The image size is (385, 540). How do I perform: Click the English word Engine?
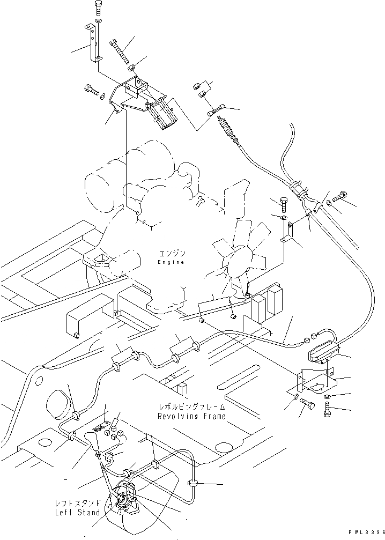[x=171, y=262]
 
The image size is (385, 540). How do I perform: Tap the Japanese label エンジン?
[x=172, y=254]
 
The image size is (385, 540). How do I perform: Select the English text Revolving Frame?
[x=192, y=416]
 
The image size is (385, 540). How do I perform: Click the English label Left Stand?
[x=77, y=512]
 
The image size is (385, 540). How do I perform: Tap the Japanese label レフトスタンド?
[x=78, y=503]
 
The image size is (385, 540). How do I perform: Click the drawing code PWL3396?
[x=366, y=532]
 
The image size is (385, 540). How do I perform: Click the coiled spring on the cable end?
[x=227, y=129]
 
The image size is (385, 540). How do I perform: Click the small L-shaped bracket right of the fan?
[x=288, y=232]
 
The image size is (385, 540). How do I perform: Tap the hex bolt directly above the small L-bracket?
[x=284, y=204]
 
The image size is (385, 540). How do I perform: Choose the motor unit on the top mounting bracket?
[x=164, y=115]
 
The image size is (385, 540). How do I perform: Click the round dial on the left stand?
[x=123, y=498]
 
